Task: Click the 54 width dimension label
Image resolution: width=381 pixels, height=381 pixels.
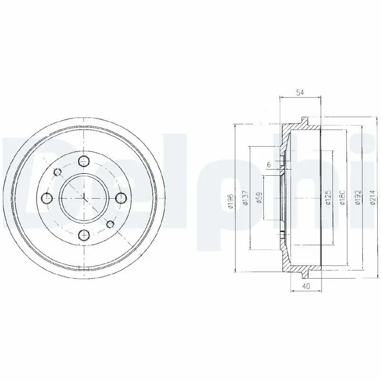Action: pyautogui.click(x=301, y=92)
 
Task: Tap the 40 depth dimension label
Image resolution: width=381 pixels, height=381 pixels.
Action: pyautogui.click(x=306, y=286)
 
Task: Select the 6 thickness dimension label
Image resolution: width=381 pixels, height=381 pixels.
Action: pyautogui.click(x=269, y=165)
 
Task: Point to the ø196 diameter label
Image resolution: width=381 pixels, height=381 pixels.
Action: pyautogui.click(x=231, y=201)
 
